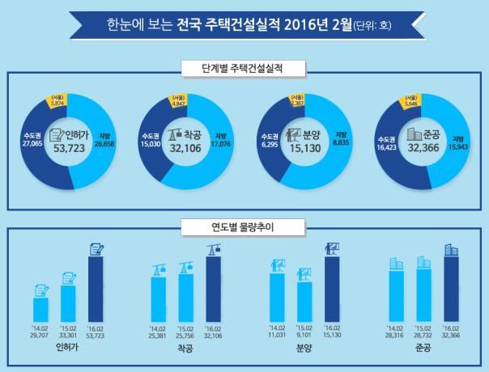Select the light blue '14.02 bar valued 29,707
pyautogui.click(x=40, y=309)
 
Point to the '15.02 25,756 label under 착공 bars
pyautogui.click(x=186, y=332)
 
